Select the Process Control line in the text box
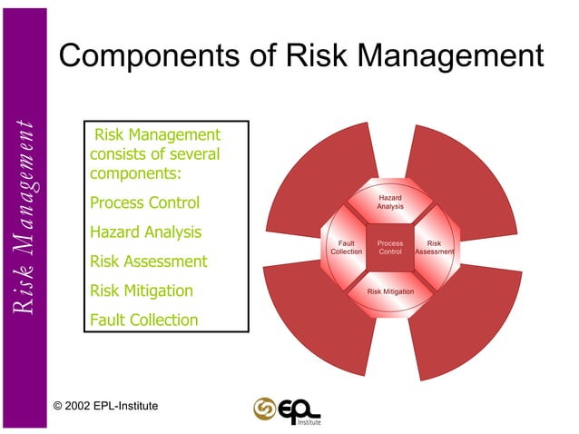click(x=144, y=202)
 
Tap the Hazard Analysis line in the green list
click(x=145, y=232)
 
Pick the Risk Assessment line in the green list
click(x=149, y=261)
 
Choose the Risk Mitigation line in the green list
click(x=142, y=291)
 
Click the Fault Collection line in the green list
click(x=143, y=320)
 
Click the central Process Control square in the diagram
click(x=390, y=247)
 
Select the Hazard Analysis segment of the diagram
click(x=390, y=202)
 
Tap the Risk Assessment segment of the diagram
click(x=434, y=247)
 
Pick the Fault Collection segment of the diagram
click(x=346, y=247)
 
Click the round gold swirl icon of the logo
click(x=265, y=408)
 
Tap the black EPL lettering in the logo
click(x=298, y=408)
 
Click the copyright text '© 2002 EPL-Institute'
click(x=107, y=405)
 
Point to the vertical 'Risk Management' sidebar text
click(x=25, y=218)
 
